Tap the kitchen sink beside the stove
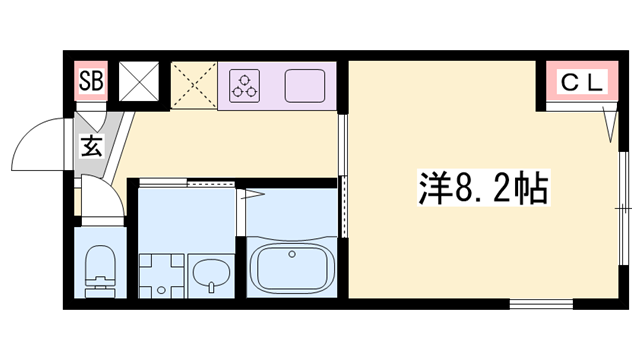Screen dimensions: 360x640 305,86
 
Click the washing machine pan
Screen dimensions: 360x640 161,273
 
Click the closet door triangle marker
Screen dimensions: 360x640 609,122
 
